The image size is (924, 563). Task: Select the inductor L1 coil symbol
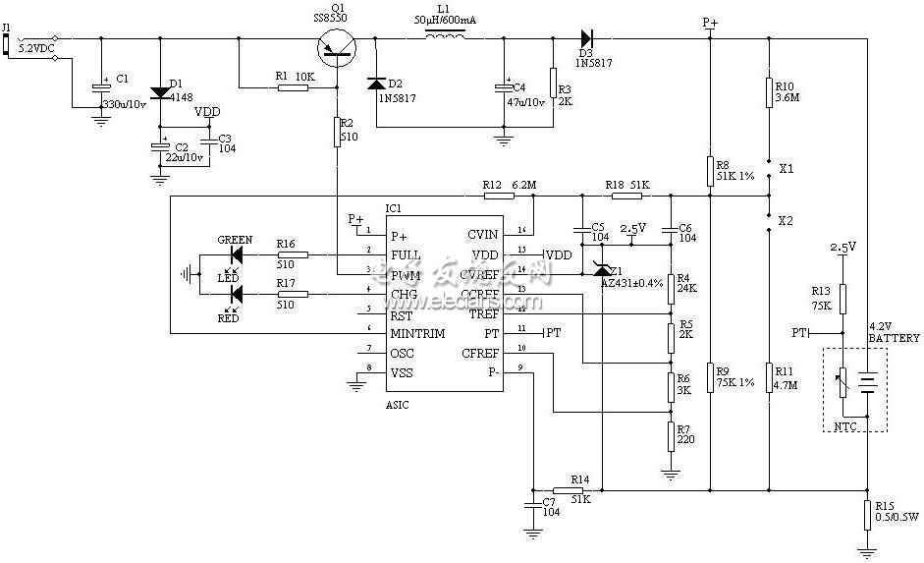tap(445, 38)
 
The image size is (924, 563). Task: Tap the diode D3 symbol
tap(586, 38)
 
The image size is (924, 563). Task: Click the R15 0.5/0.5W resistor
tap(867, 514)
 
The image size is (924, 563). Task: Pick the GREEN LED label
tap(235, 240)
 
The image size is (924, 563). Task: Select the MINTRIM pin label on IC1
tap(417, 334)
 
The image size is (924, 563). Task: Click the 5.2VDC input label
tap(37, 47)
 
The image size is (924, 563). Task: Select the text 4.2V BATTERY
tap(894, 332)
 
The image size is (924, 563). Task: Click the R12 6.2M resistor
tap(521, 197)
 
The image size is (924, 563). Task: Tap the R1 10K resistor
tap(294, 87)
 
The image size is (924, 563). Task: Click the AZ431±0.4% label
tap(631, 283)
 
